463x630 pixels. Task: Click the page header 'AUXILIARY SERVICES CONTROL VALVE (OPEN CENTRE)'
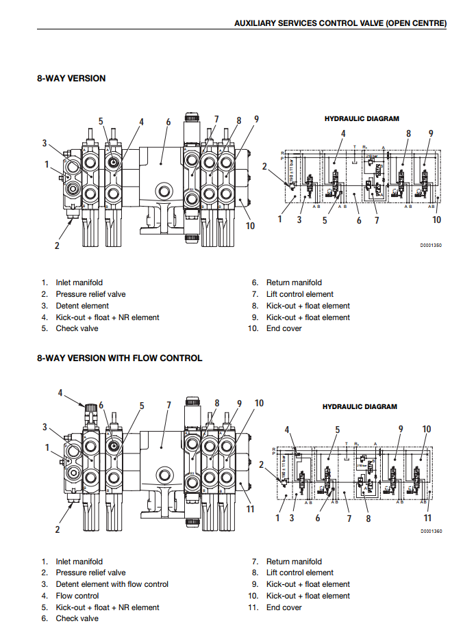[340, 23]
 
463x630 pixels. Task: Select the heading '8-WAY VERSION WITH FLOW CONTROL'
[119, 358]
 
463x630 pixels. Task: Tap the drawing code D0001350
[431, 245]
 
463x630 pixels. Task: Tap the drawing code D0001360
[431, 531]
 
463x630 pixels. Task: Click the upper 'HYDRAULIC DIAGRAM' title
[362, 118]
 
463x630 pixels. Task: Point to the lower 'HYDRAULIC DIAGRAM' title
[360, 406]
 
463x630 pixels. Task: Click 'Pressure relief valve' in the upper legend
[90, 294]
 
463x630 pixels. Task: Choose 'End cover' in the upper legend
[284, 328]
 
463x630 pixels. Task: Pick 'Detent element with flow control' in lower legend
[112, 584]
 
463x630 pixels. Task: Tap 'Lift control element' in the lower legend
[299, 573]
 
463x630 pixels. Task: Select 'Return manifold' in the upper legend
[294, 283]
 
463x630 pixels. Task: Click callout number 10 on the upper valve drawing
[250, 225]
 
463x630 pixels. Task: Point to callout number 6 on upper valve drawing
[168, 122]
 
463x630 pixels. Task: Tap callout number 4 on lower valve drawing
[60, 393]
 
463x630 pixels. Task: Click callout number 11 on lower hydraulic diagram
[427, 518]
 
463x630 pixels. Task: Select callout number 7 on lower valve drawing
[168, 406]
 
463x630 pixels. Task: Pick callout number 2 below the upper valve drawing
[58, 246]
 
